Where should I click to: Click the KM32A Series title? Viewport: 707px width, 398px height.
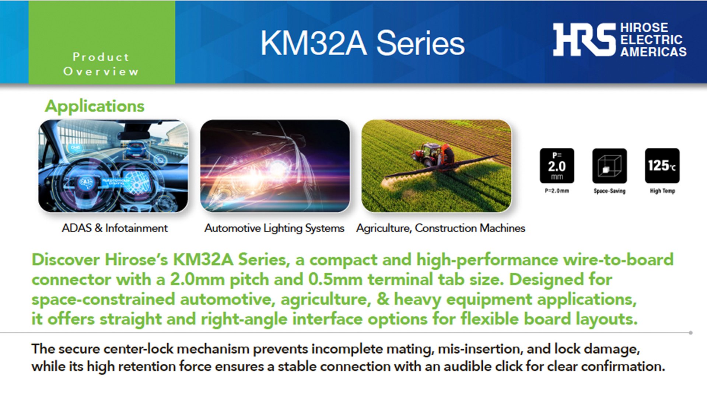click(x=363, y=43)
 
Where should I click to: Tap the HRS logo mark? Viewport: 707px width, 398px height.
click(x=584, y=39)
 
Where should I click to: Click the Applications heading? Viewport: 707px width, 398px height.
click(x=94, y=106)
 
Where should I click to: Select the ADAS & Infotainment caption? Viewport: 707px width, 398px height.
click(x=115, y=228)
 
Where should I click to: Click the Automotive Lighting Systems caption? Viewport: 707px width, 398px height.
click(x=274, y=228)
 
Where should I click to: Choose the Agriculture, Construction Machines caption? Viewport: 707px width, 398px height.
click(x=441, y=228)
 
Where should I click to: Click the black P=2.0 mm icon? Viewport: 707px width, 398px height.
click(x=557, y=166)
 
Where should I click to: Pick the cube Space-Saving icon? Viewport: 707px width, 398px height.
click(x=609, y=166)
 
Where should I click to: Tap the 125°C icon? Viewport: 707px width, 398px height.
click(x=662, y=166)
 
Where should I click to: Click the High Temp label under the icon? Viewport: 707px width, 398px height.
click(x=662, y=191)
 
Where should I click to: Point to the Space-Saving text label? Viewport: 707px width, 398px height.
click(x=609, y=191)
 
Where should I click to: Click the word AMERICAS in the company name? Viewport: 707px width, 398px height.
click(x=653, y=52)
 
